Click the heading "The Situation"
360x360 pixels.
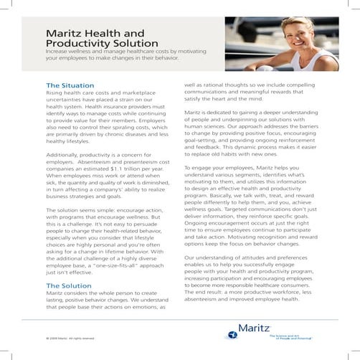[70, 85]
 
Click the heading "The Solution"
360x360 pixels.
[68, 286]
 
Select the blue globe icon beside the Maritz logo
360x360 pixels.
[232, 333]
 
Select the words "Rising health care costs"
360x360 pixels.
[77, 93]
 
